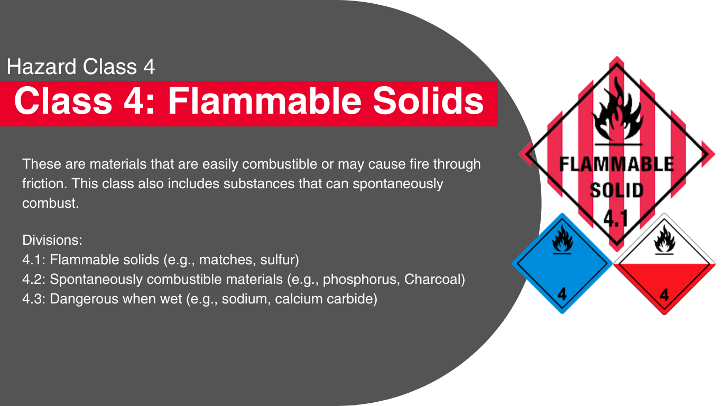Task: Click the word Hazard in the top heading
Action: (41, 67)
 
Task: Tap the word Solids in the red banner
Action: (428, 100)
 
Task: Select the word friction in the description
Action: (44, 183)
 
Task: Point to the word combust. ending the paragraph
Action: (51, 203)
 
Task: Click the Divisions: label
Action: (52, 240)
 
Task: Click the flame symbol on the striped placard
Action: (617, 109)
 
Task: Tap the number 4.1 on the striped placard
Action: (616, 218)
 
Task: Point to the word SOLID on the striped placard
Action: (617, 190)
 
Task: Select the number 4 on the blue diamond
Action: (562, 294)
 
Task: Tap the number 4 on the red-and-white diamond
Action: (664, 295)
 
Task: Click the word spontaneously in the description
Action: (398, 184)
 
